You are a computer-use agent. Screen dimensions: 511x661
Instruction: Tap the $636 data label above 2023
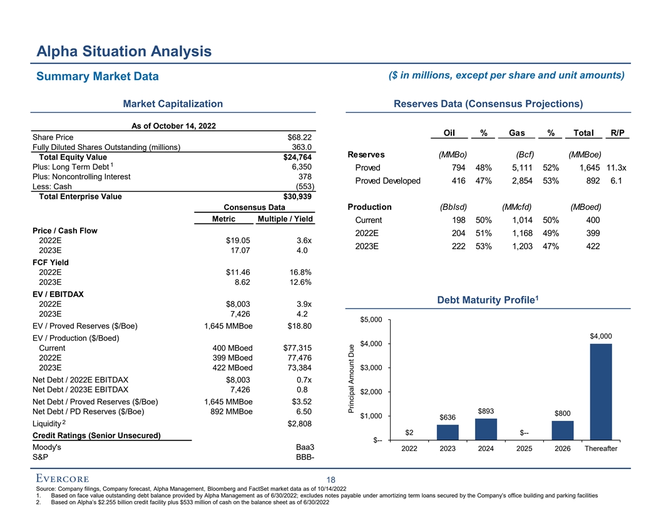(x=448, y=417)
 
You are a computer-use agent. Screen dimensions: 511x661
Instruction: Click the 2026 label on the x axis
(x=563, y=449)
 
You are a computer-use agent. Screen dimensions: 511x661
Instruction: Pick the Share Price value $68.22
(x=300, y=137)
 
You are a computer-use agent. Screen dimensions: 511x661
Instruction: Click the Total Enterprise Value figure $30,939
(x=297, y=196)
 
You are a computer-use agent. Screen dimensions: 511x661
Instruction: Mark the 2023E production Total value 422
(x=591, y=246)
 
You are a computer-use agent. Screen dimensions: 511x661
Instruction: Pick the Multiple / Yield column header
(x=285, y=219)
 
